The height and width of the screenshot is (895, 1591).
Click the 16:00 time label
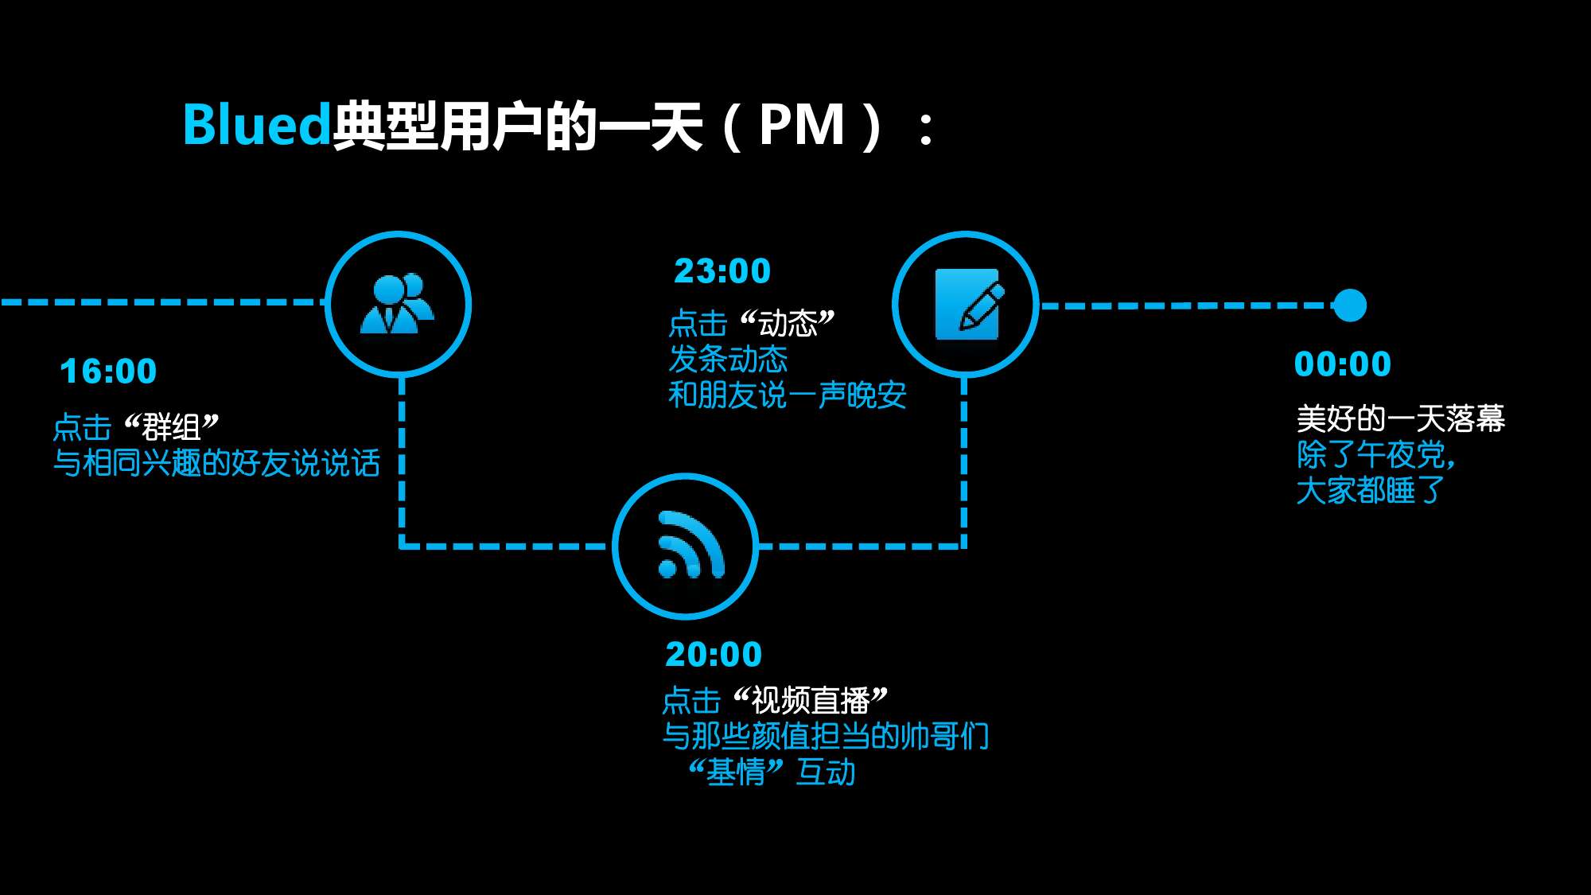pyautogui.click(x=109, y=372)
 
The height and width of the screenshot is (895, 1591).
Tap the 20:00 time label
pyautogui.click(x=714, y=655)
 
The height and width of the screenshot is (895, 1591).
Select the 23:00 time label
pyautogui.click(x=722, y=271)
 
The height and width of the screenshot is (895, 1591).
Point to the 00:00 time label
pyautogui.click(x=1343, y=364)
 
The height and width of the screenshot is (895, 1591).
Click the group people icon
pyautogui.click(x=398, y=304)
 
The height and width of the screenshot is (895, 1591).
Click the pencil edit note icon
pyautogui.click(x=967, y=305)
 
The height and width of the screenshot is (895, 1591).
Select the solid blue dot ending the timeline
pyautogui.click(x=1349, y=305)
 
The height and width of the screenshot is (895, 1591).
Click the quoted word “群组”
pyautogui.click(x=172, y=427)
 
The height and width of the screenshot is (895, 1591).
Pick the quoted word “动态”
pyautogui.click(x=788, y=323)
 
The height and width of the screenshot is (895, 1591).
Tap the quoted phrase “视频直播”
pyautogui.click(x=810, y=701)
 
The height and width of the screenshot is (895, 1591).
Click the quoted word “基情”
pyautogui.click(x=736, y=772)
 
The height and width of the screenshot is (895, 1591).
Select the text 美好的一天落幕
pyautogui.click(x=1400, y=418)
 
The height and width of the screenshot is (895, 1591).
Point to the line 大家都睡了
pyautogui.click(x=1370, y=491)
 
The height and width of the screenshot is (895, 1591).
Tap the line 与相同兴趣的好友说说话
pyautogui.click(x=216, y=463)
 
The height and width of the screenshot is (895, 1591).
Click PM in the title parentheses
pyautogui.click(x=801, y=125)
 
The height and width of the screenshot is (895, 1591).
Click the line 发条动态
pyautogui.click(x=728, y=360)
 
